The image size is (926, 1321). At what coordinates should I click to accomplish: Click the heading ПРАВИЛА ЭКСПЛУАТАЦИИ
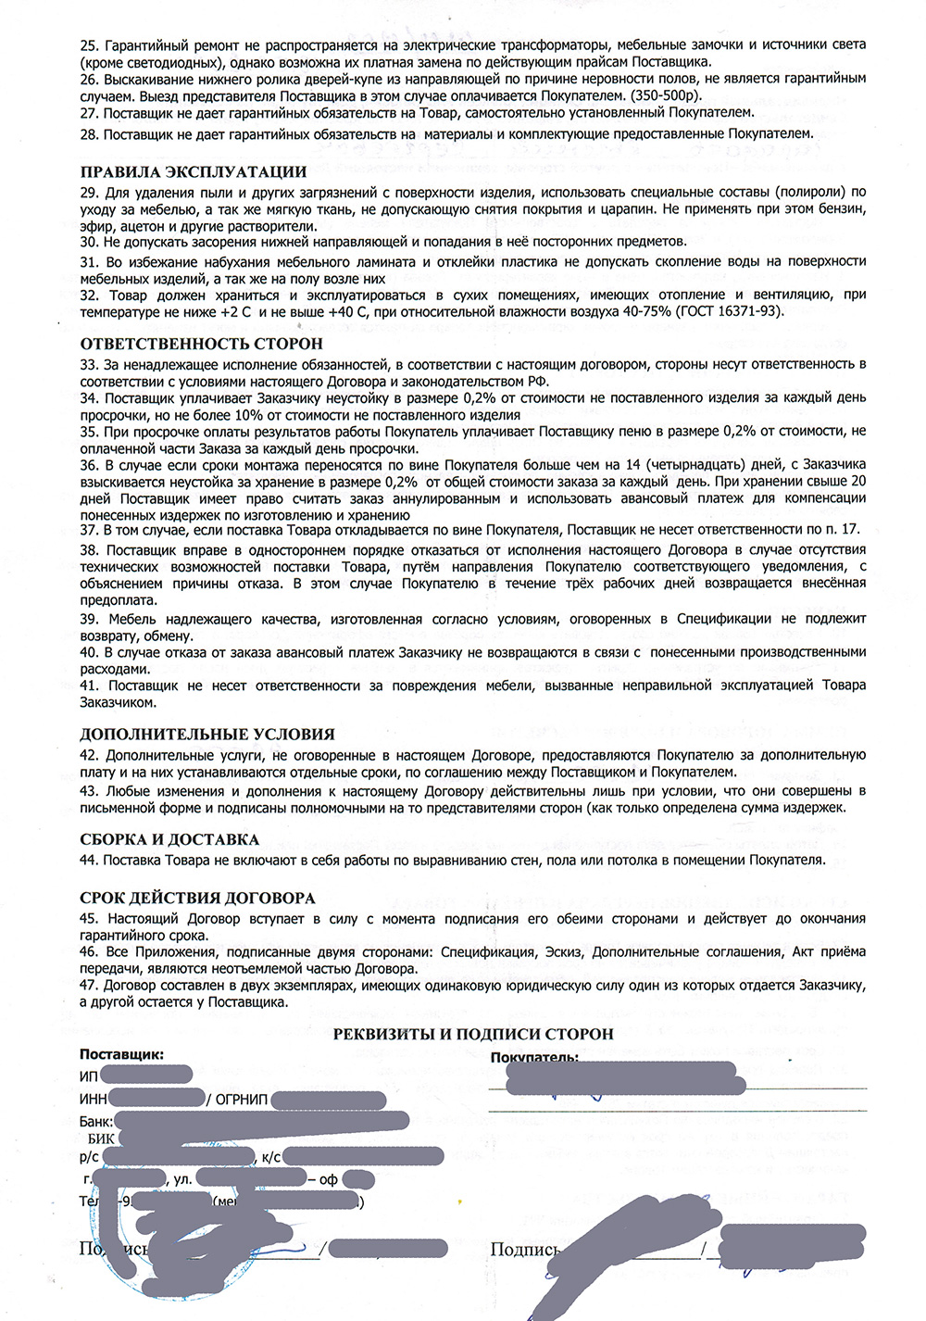193,172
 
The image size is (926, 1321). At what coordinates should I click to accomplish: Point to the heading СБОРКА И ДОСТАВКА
169,840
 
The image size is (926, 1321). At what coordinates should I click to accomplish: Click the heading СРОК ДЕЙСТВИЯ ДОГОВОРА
197,899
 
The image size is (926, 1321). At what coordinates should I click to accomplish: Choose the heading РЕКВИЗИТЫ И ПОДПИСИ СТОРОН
473,1035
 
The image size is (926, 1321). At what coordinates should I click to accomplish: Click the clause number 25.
89,45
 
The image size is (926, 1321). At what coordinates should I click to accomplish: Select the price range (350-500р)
666,95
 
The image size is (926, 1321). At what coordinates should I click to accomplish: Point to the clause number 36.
89,465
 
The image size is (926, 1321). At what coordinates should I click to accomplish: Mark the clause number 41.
89,686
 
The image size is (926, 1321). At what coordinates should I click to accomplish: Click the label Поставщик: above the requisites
121,1054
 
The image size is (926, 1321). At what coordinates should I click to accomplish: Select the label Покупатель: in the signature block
534,1058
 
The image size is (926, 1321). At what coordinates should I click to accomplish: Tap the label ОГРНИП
241,1100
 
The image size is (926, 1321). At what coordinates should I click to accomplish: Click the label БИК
102,1139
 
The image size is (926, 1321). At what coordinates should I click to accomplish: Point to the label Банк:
96,1122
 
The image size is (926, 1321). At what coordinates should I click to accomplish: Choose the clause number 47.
89,986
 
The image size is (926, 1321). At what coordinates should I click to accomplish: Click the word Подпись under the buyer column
524,1251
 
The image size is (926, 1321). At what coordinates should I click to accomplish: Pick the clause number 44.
89,861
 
